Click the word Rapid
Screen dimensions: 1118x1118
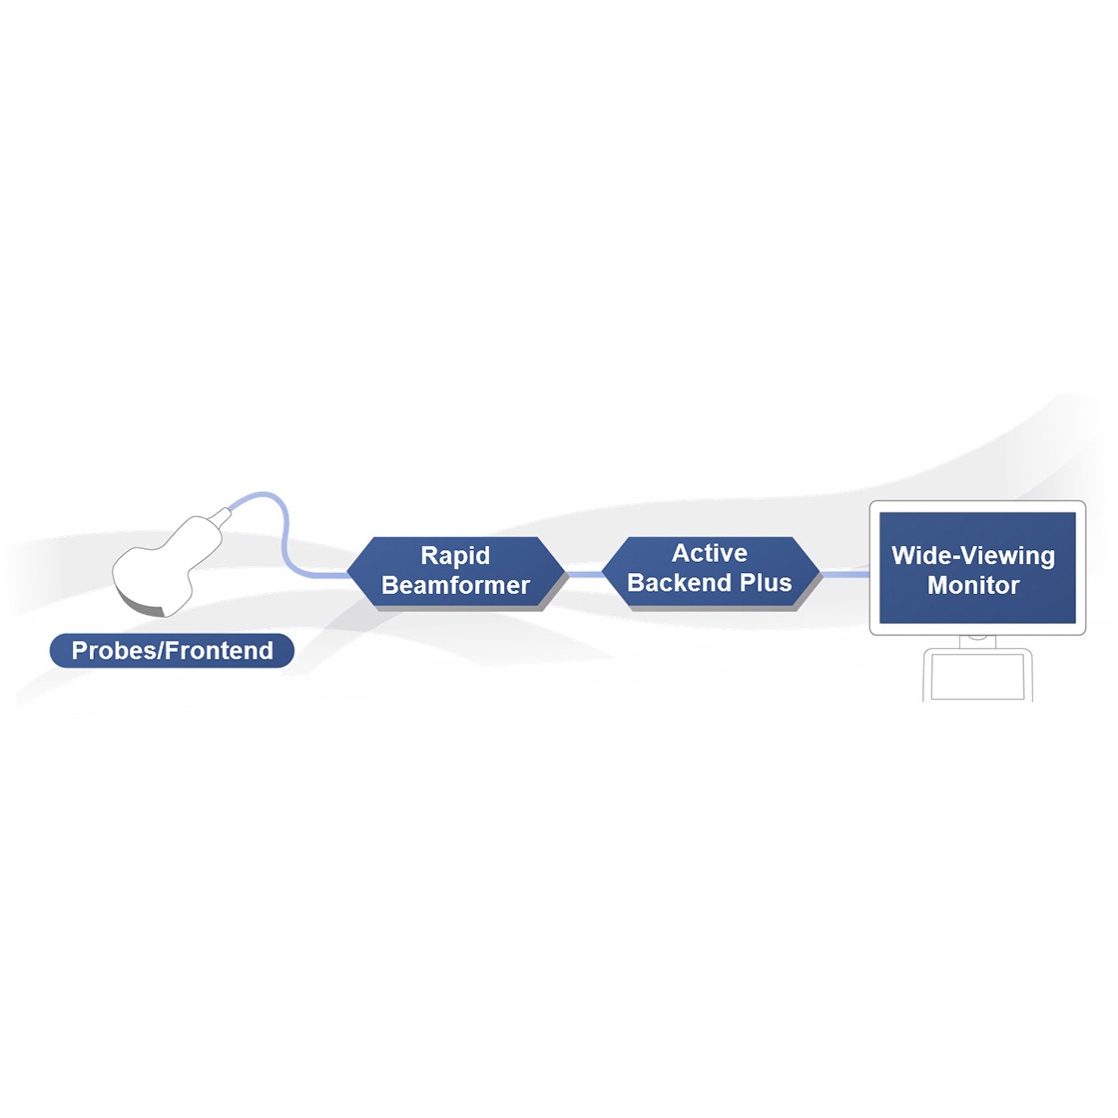click(x=455, y=555)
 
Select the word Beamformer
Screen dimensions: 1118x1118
click(x=455, y=585)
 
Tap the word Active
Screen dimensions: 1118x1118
click(x=710, y=553)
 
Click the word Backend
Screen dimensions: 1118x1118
click(x=680, y=583)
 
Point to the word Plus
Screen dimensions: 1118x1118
click(x=766, y=583)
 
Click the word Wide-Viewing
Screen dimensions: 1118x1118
click(x=973, y=555)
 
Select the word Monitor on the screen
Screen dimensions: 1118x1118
click(x=973, y=585)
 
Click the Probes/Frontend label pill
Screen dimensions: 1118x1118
click(x=172, y=650)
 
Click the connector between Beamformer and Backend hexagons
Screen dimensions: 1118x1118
click(x=583, y=574)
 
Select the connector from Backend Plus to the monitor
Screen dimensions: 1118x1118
click(x=845, y=574)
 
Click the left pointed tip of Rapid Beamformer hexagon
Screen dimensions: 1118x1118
click(x=347, y=572)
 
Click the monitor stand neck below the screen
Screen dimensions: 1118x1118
click(x=977, y=641)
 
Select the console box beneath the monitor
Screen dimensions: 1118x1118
click(x=977, y=675)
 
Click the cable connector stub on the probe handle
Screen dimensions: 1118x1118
click(x=223, y=515)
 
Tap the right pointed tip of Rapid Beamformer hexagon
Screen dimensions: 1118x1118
click(x=565, y=572)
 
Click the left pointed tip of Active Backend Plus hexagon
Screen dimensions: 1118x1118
click(x=603, y=572)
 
